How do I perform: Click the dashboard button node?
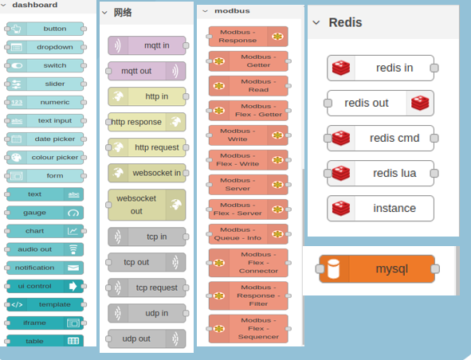45,29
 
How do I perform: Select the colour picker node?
45,158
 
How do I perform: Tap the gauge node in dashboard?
45,213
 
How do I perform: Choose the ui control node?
45,286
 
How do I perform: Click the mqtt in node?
147,45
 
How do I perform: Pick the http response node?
147,122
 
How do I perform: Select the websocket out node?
147,205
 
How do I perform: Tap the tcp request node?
147,288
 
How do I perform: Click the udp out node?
147,338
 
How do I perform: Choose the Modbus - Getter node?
249,61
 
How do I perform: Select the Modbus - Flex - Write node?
249,160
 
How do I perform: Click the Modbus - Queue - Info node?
249,234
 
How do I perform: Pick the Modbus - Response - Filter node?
249,295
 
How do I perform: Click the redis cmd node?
381,138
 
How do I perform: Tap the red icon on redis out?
420,103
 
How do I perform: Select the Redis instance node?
381,209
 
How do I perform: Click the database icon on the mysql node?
333,268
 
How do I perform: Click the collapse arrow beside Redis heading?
316,22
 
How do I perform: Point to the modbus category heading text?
232,11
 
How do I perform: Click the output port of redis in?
434,68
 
